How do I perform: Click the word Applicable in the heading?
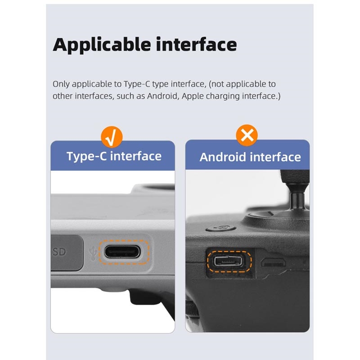pyautogui.click(x=102, y=45)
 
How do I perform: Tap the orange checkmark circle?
pyautogui.click(x=112, y=137)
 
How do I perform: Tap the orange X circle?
pyautogui.click(x=247, y=135)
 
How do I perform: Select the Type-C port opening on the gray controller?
pyautogui.click(x=122, y=252)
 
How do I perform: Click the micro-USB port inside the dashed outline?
pyautogui.click(x=228, y=261)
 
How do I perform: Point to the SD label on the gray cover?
pyautogui.click(x=59, y=252)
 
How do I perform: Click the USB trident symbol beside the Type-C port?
pyautogui.click(x=93, y=253)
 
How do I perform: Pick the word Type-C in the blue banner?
pyautogui.click(x=87, y=157)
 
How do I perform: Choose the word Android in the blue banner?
pyautogui.click(x=223, y=157)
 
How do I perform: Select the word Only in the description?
pyautogui.click(x=61, y=84)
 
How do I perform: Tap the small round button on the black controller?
pyautogui.click(x=220, y=228)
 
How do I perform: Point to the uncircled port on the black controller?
pyautogui.click(x=274, y=262)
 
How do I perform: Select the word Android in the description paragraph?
pyautogui.click(x=163, y=96)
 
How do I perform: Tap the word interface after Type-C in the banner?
pyautogui.click(x=136, y=156)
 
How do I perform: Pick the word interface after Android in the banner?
pyautogui.click(x=275, y=157)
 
